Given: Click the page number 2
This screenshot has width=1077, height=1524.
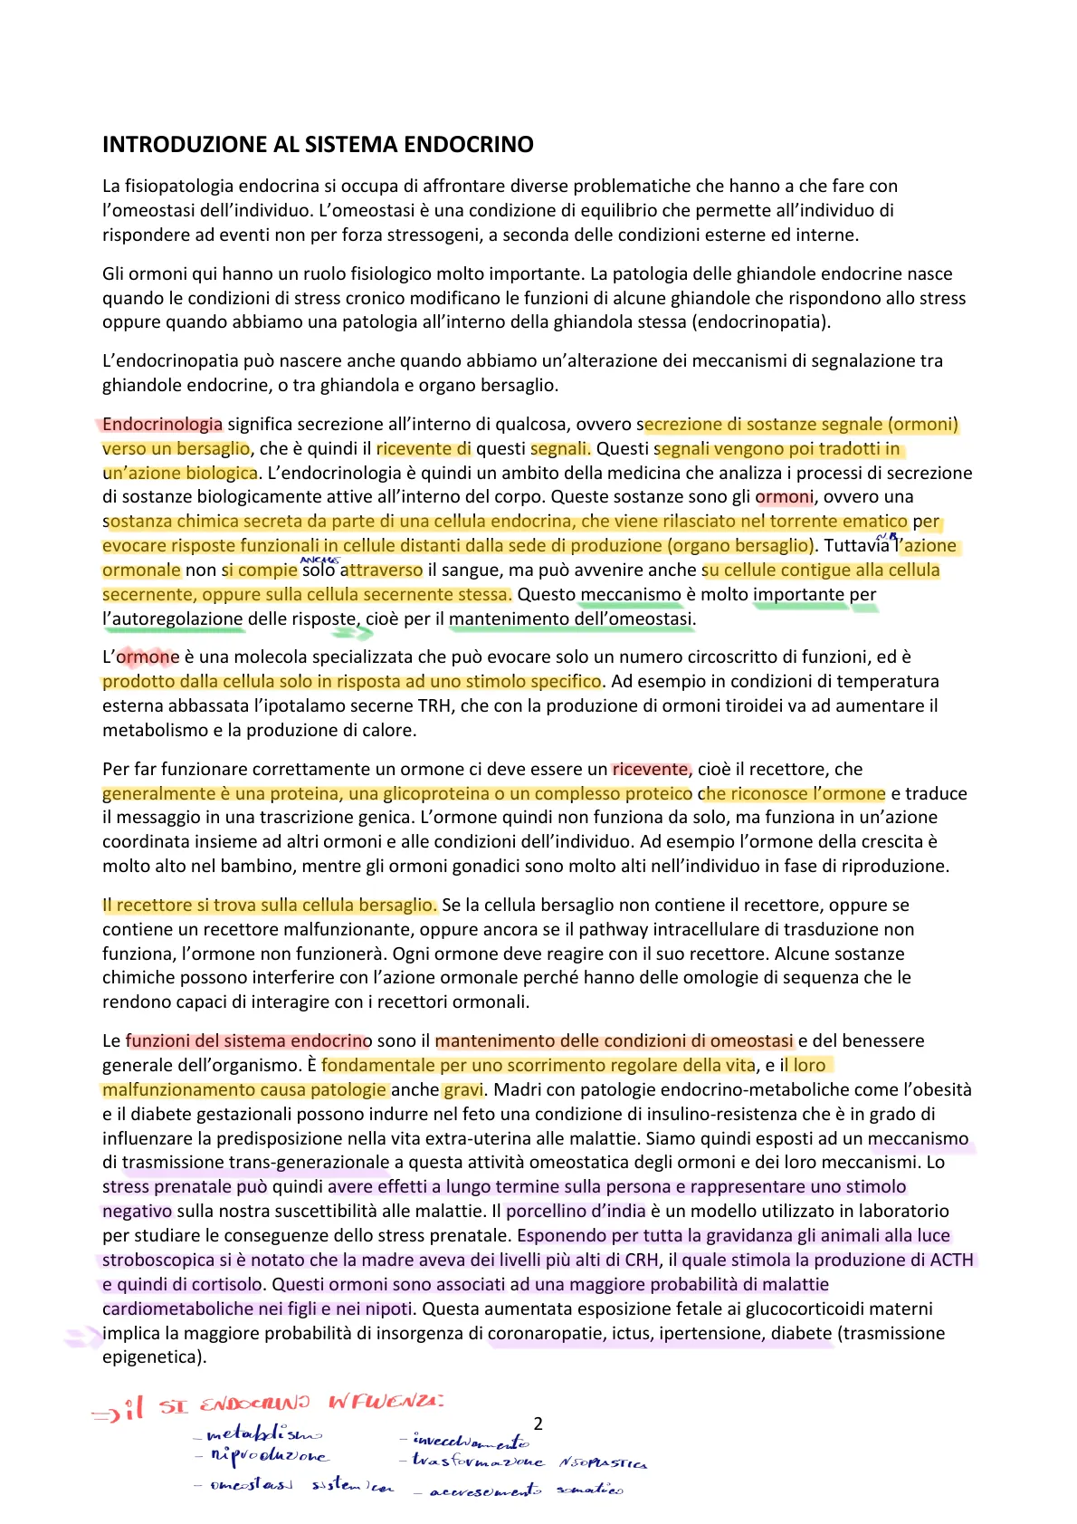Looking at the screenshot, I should (x=538, y=1423).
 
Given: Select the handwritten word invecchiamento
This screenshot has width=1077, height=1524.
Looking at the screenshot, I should (x=472, y=1440).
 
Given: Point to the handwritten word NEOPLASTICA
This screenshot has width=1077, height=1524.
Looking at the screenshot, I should (x=603, y=1462).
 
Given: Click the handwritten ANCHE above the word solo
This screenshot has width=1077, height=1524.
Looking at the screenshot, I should (x=319, y=561).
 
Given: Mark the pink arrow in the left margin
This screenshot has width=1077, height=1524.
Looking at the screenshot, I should (x=82, y=1336).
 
